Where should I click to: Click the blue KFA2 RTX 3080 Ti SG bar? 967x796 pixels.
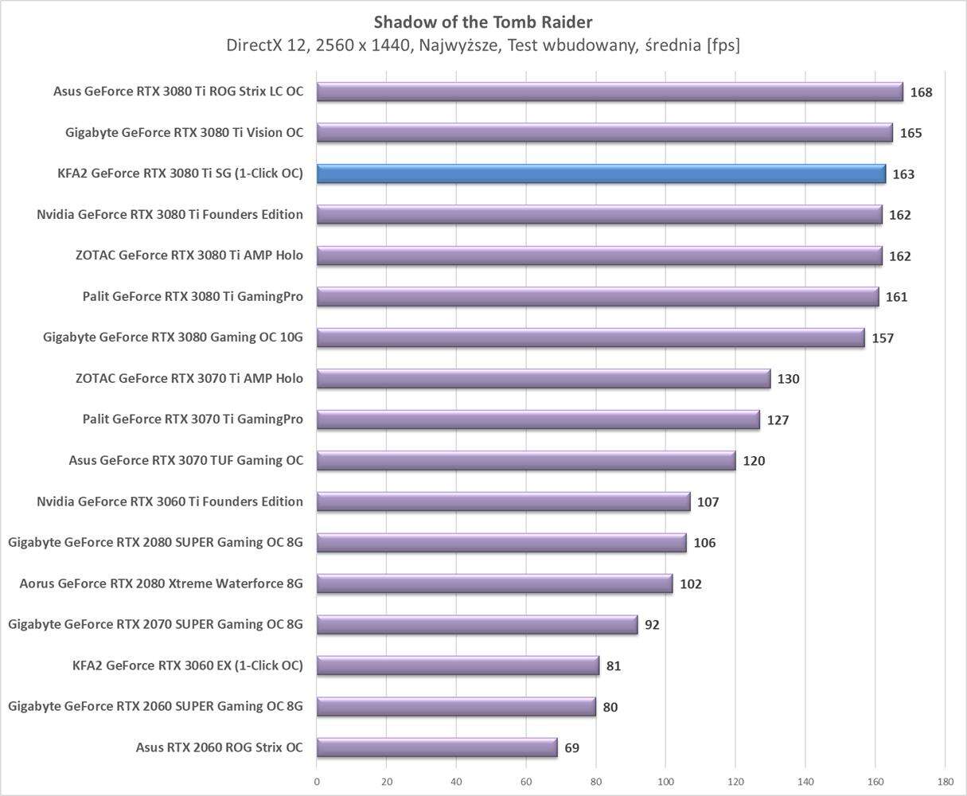601,174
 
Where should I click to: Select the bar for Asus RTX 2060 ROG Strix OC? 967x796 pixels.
437,747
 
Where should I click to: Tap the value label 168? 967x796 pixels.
921,92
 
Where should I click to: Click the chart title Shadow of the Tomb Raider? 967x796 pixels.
483,21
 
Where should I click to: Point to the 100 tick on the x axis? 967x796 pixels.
665,782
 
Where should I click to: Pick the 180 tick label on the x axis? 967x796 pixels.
945,782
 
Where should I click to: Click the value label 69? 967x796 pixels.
571,748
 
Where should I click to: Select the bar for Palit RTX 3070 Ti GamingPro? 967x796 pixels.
538,419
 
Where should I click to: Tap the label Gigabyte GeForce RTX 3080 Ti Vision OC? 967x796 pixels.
184,133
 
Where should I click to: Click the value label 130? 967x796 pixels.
788,379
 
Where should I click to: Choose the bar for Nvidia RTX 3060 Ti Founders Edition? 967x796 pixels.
503,501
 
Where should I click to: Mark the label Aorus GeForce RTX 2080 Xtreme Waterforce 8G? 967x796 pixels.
162,583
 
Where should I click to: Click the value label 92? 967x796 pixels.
652,625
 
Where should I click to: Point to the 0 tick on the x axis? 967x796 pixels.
317,782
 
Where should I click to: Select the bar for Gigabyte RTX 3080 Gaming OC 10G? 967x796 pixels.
591,338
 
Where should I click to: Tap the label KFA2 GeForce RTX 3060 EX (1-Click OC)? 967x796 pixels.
188,665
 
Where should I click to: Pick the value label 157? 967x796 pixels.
883,338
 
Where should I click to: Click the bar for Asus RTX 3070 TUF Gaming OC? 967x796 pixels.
526,460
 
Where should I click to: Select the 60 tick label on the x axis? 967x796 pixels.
526,782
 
